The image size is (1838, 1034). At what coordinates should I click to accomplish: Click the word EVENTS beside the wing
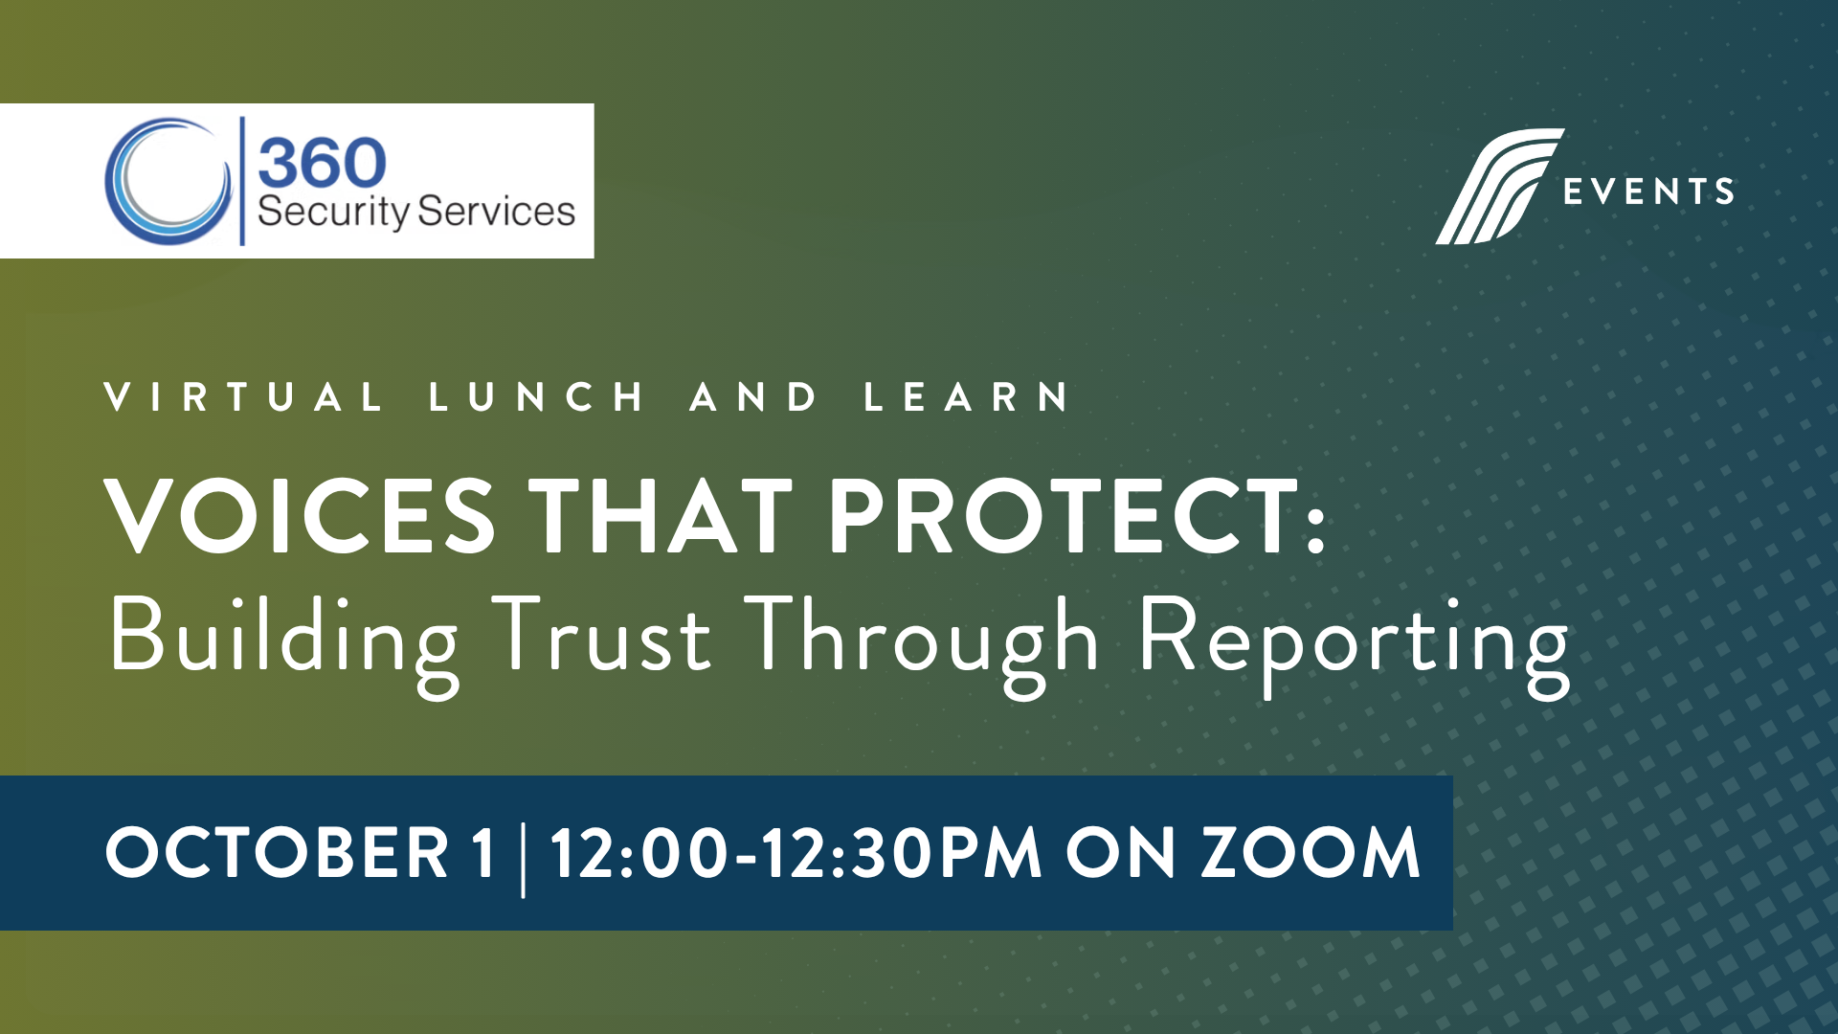click(x=1648, y=191)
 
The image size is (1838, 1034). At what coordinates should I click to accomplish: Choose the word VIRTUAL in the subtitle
click(x=243, y=396)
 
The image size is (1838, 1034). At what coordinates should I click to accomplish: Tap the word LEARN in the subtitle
click(x=966, y=396)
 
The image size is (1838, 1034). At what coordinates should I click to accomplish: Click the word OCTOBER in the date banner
click(x=277, y=852)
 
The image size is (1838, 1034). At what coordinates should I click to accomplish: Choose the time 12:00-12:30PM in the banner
click(x=796, y=852)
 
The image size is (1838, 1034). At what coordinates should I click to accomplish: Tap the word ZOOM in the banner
click(x=1311, y=852)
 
